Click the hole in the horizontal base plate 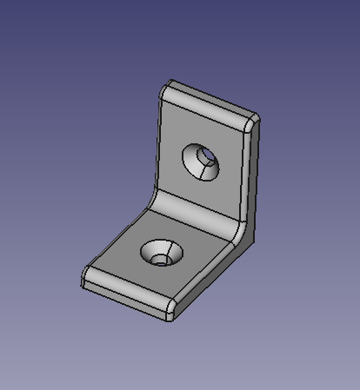click(159, 257)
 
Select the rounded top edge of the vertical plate click(209, 99)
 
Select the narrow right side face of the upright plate click(252, 174)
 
